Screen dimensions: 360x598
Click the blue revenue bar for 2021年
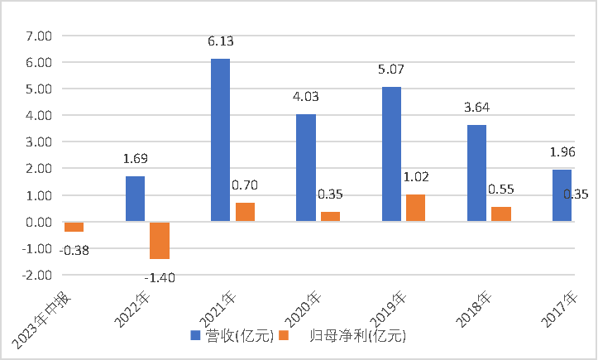click(220, 140)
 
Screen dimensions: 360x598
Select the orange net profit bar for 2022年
click(160, 240)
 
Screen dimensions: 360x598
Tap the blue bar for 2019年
click(391, 154)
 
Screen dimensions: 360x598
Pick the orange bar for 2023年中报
click(74, 227)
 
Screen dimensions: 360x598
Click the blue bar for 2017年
click(562, 195)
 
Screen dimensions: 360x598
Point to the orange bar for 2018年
click(501, 214)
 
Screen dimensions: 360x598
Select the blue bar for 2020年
click(306, 168)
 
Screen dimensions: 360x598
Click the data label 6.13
click(220, 40)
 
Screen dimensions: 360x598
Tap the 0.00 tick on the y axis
click(38, 223)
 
